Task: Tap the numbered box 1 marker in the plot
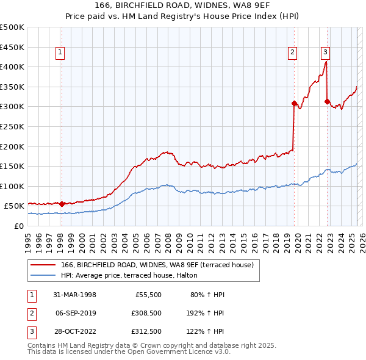pyautogui.click(x=61, y=53)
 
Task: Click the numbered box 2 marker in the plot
pyautogui.click(x=293, y=53)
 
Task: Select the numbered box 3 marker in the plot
pyautogui.click(x=326, y=53)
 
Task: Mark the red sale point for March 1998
pyautogui.click(x=62, y=204)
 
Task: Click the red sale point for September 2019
pyautogui.click(x=294, y=103)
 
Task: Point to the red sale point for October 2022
pyautogui.click(x=328, y=101)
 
